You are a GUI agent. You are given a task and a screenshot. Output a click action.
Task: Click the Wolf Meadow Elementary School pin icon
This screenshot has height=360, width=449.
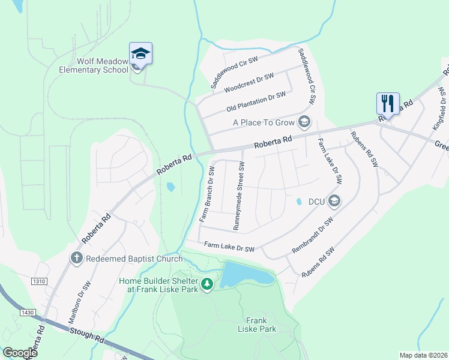[140, 54]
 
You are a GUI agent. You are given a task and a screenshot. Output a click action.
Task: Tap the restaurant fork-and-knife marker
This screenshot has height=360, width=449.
[387, 104]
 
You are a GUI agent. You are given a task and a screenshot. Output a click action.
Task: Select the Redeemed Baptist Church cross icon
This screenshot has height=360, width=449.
[76, 258]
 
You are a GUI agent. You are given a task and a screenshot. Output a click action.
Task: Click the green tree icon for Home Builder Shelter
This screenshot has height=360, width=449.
[207, 283]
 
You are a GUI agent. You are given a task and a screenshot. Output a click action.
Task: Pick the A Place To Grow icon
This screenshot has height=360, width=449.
[304, 122]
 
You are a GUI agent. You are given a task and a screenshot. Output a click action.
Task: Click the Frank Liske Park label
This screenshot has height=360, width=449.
[256, 325]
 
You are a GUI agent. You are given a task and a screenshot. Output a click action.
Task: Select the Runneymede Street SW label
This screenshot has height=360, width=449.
[239, 196]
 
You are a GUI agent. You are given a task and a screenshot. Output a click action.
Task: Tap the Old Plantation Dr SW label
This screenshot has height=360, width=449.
[256, 101]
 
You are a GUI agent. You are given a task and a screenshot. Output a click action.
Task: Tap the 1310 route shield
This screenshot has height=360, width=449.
[40, 280]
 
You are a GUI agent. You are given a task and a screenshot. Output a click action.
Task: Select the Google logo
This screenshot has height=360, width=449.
[20, 352]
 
